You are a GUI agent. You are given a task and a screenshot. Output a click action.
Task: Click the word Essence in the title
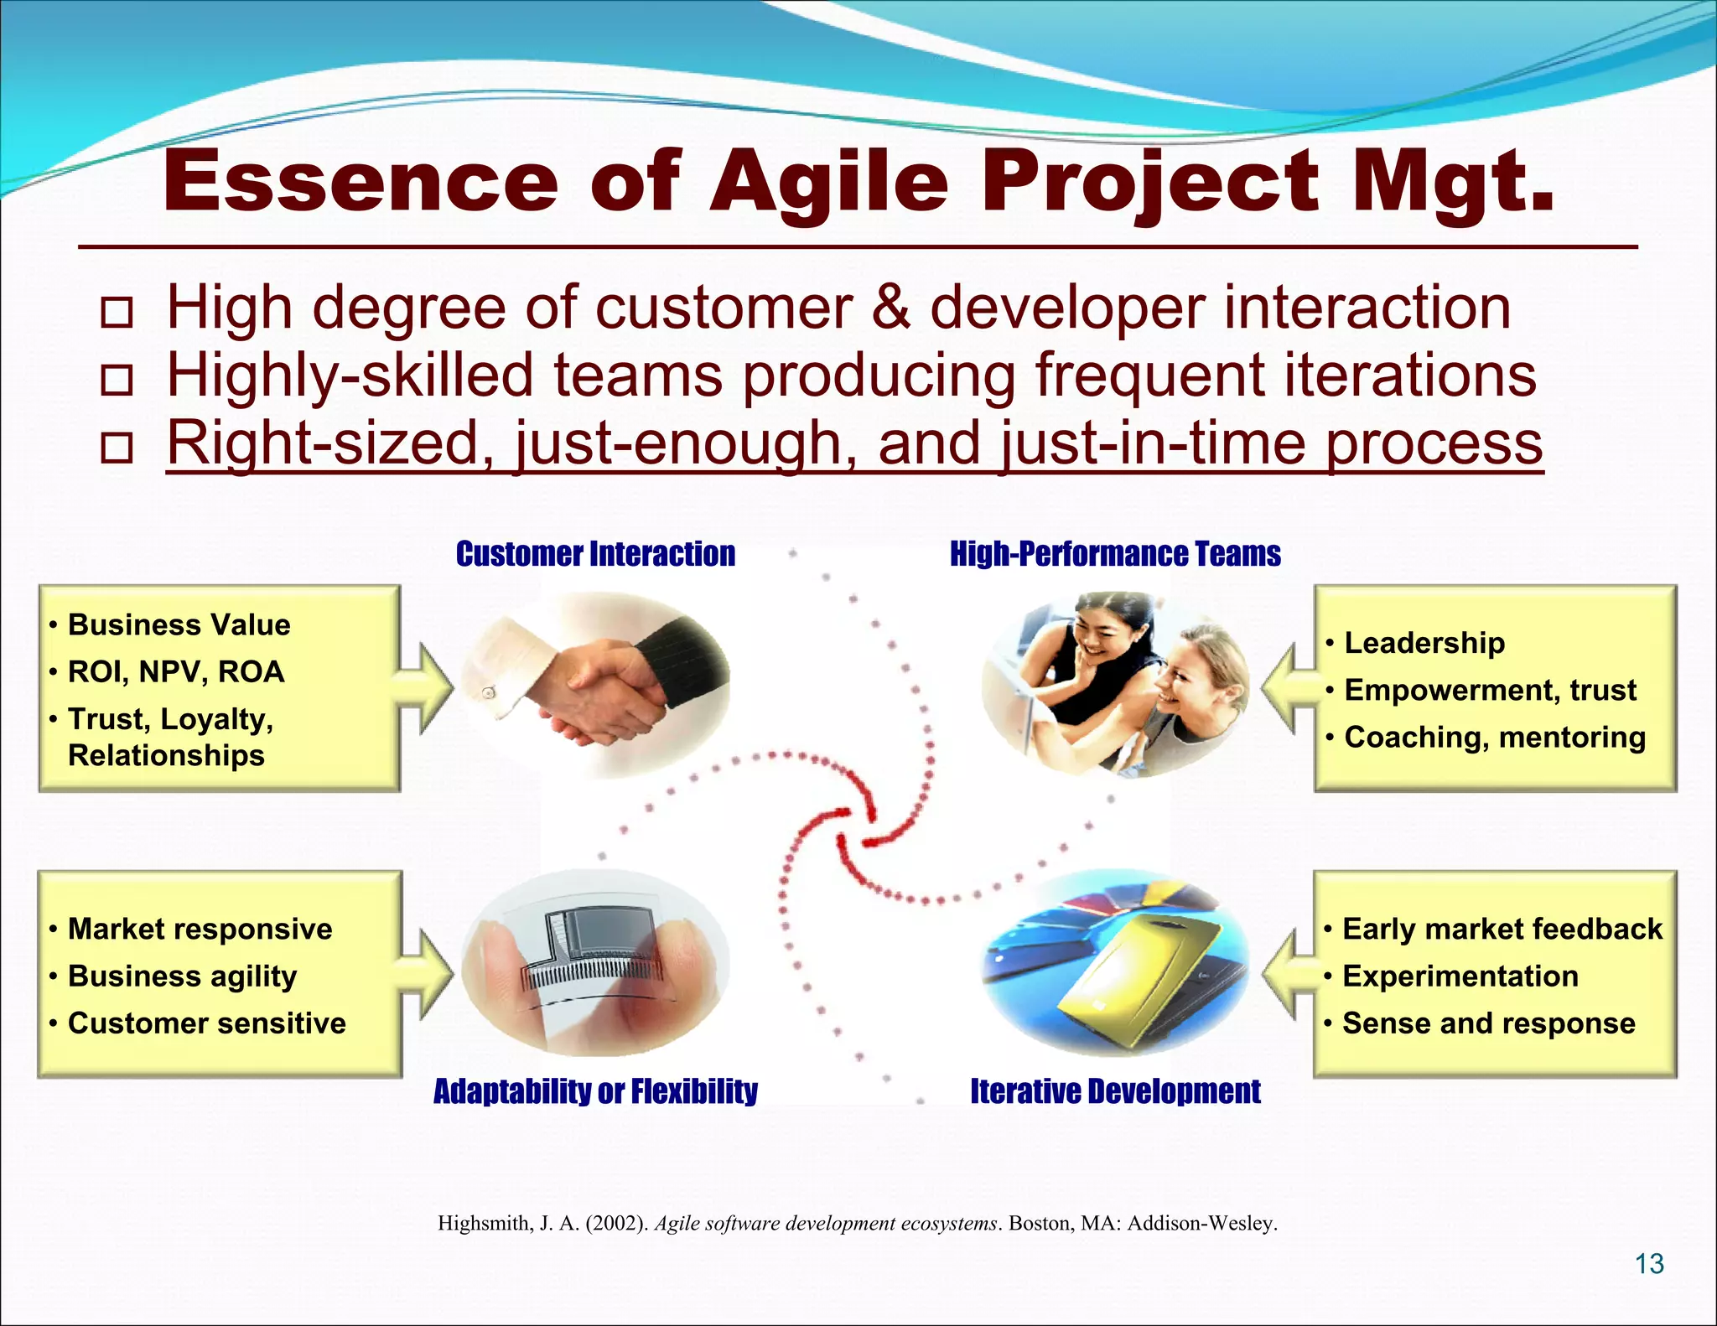click(361, 182)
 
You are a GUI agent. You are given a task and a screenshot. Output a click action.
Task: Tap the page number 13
click(1649, 1263)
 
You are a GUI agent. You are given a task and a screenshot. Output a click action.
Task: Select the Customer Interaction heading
click(595, 554)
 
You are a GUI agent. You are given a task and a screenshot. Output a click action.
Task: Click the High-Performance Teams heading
click(1115, 554)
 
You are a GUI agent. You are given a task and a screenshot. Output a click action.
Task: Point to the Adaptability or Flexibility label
click(595, 1091)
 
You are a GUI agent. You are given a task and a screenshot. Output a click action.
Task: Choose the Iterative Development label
click(1115, 1091)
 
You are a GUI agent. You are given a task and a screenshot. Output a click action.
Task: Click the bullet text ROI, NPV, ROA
click(176, 672)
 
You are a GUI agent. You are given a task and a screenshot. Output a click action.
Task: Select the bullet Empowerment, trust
click(1490, 691)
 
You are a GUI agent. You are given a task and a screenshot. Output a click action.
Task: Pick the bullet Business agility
click(182, 976)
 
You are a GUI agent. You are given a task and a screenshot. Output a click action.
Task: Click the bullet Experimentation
click(1460, 976)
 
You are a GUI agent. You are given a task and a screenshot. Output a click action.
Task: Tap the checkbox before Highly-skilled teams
click(117, 380)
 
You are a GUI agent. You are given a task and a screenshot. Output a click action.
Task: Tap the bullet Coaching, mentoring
click(1495, 738)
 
